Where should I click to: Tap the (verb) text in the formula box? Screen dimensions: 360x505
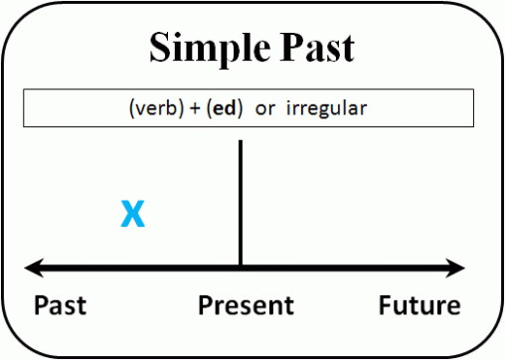point(154,107)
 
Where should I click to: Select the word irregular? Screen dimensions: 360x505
point(326,107)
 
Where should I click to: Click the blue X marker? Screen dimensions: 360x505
point(132,214)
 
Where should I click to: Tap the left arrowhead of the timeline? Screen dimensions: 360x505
point(32,268)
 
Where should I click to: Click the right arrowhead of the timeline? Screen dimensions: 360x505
point(458,268)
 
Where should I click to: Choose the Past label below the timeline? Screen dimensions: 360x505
point(60,304)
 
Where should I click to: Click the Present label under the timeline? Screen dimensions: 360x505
point(246,304)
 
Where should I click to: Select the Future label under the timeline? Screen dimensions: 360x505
point(420,304)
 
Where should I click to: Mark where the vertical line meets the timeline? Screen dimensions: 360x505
point(241,268)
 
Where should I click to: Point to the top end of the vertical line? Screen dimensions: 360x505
point(241,142)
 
